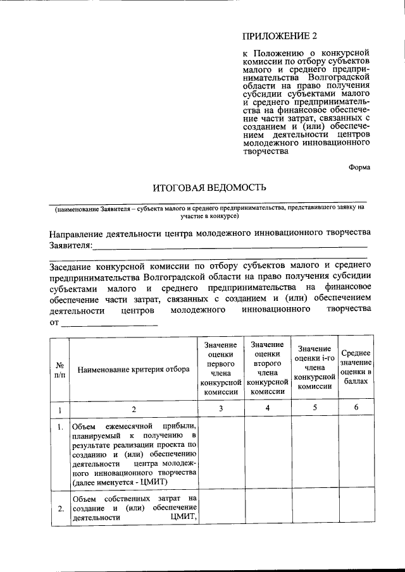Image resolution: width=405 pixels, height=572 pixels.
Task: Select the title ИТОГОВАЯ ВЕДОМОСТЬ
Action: [x=204, y=187]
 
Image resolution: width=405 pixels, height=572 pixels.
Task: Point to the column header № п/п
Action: [x=59, y=370]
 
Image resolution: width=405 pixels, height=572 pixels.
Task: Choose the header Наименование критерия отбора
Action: [x=134, y=370]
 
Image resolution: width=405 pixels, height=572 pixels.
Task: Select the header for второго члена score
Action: [x=268, y=368]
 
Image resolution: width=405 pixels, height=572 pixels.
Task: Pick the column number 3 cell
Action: [x=221, y=408]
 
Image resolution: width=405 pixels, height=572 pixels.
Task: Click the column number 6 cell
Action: [x=356, y=408]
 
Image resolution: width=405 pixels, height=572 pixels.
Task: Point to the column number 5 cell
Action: [x=314, y=408]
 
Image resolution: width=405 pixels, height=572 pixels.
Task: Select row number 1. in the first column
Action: [x=59, y=427]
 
